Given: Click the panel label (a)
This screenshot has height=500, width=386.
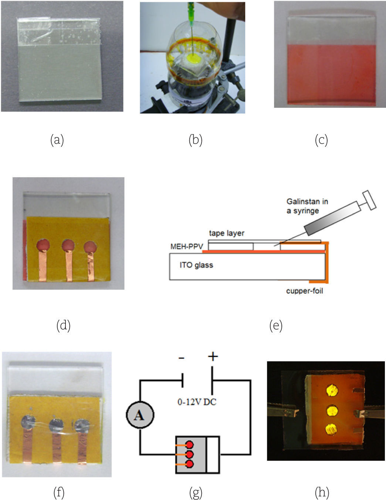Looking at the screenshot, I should pos(57,140).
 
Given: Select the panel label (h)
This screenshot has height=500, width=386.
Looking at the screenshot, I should pos(322,493).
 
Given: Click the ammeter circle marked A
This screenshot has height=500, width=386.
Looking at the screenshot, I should pos(139,415).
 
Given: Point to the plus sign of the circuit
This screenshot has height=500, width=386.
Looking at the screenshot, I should pos(213,356).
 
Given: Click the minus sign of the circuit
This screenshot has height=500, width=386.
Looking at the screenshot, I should pos(181,358).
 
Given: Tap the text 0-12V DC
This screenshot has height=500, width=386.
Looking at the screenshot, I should pos(197,401).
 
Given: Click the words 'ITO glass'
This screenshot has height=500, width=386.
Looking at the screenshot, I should pos(196,265).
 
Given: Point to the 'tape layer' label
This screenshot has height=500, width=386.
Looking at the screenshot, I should pos(227,233).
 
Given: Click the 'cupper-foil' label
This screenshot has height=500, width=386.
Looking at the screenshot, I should pos(304,291).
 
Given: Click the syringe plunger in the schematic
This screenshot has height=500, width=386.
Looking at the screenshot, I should pos(369,199).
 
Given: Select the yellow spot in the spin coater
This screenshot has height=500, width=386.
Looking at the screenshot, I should pos(193,58).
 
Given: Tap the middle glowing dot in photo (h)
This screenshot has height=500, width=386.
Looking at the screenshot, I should pos(332,410).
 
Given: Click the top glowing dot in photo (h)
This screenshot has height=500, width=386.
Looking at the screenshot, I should pos(332,390).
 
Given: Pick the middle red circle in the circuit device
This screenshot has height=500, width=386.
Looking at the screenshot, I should pos(190,454).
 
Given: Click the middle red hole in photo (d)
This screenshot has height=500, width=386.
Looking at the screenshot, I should pos(68,245).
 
